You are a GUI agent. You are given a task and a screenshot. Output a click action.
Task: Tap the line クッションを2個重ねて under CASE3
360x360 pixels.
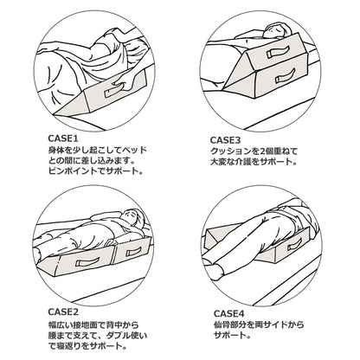263,151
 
